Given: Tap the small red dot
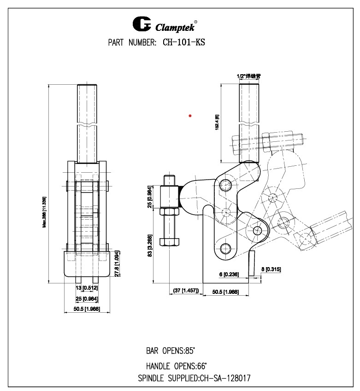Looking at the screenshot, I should (x=190, y=116).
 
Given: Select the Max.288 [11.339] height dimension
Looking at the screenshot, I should (x=44, y=212).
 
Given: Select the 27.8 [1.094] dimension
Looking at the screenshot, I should (x=117, y=263).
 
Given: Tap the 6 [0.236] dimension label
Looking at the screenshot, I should (x=229, y=274).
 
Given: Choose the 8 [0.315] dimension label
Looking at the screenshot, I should (x=271, y=269).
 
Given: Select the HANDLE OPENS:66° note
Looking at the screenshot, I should (x=177, y=367).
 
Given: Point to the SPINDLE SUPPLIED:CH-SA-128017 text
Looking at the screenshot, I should (x=194, y=379).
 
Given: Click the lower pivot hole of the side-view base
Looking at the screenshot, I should (x=225, y=249).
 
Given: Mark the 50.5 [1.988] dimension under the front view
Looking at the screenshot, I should (x=87, y=309).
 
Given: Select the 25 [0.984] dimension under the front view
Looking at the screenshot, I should (x=87, y=298).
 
